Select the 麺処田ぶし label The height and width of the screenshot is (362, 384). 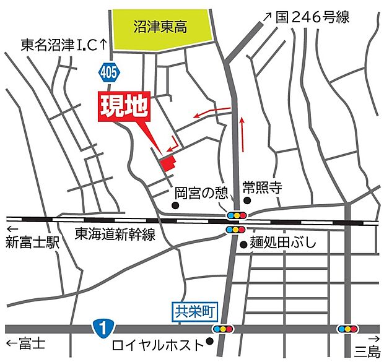(x=282, y=243)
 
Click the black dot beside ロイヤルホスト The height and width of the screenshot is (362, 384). (x=211, y=341)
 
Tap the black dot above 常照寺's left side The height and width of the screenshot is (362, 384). (x=247, y=200)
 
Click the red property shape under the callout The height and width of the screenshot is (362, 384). (x=168, y=162)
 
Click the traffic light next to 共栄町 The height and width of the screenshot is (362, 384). (x=224, y=329)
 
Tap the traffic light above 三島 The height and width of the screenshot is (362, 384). (x=347, y=329)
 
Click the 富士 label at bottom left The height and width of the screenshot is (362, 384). (x=28, y=345)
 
